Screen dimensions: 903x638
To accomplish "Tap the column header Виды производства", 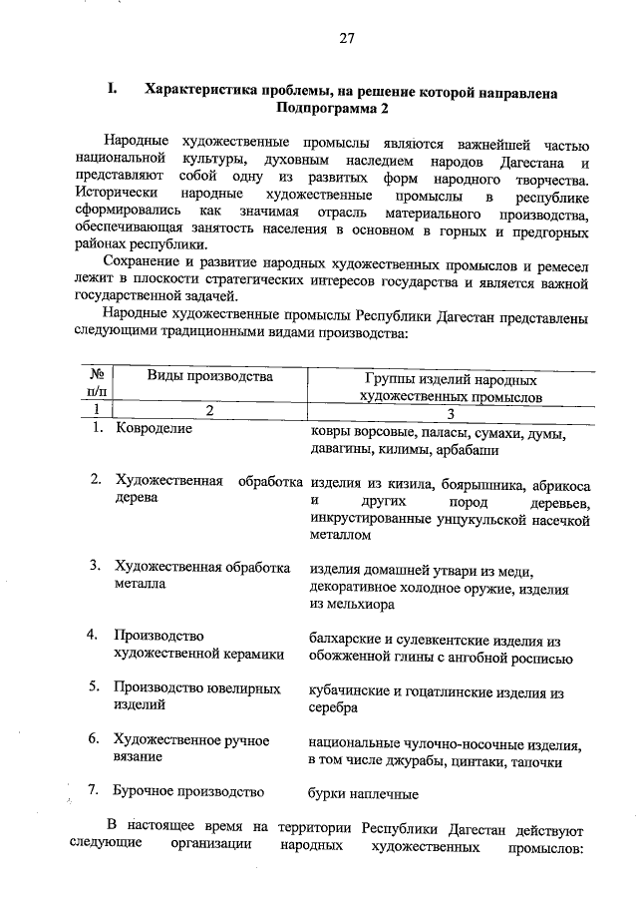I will (209, 377).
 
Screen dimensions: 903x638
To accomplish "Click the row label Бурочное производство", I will (188, 792).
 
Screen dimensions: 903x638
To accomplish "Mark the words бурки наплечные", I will (363, 794).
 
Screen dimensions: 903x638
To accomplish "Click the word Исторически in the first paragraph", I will (115, 199).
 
